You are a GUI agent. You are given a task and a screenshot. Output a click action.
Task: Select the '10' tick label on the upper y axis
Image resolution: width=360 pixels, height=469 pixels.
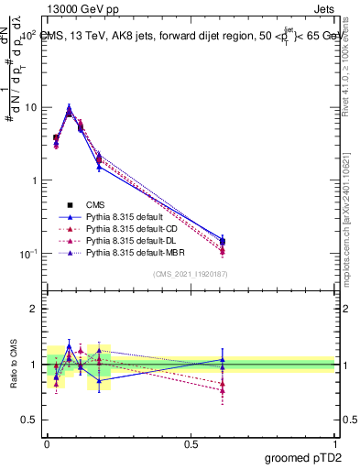tap(30, 107)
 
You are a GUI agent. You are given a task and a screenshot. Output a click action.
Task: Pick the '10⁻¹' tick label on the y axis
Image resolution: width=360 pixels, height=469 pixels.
tap(27, 254)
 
